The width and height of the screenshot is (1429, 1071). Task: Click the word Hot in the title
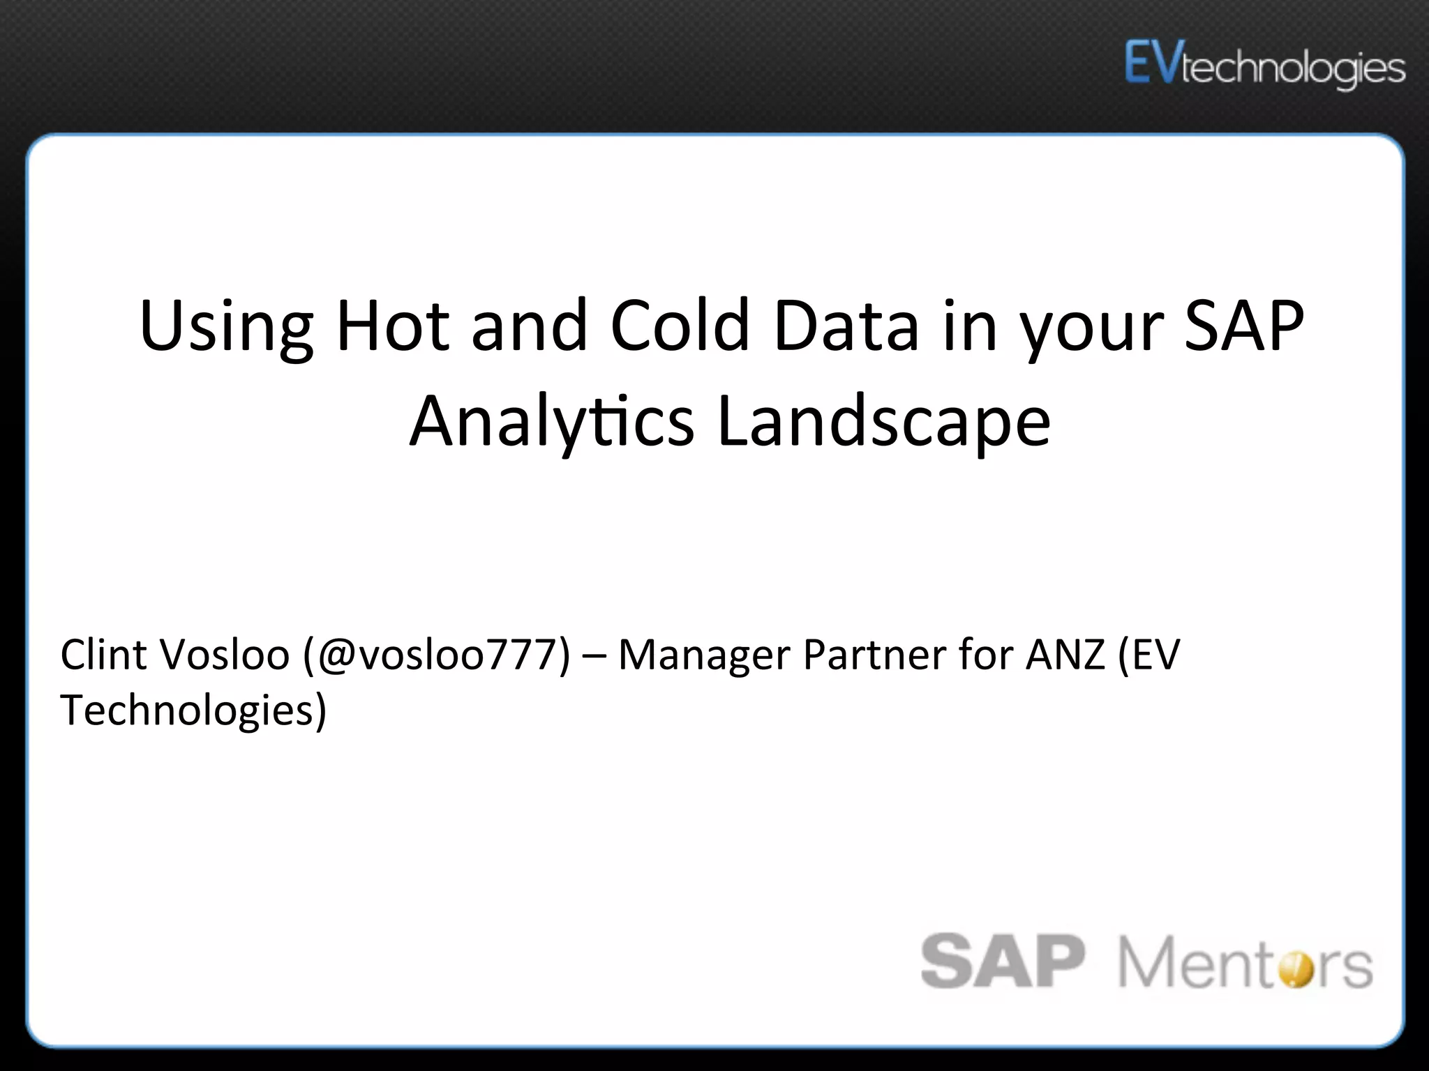[393, 325]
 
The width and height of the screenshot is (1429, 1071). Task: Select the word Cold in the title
[680, 325]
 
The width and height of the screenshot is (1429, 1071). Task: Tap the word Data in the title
[846, 325]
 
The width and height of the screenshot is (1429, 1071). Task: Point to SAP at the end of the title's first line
[1243, 325]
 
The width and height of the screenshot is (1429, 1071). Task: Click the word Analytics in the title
[551, 422]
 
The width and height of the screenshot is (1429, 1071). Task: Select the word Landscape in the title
[883, 422]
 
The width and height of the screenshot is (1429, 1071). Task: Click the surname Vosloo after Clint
[225, 655]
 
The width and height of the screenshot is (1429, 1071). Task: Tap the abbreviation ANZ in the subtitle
[1065, 655]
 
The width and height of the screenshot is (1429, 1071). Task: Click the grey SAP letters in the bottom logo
[1003, 962]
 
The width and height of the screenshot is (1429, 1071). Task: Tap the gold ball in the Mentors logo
[1296, 969]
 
